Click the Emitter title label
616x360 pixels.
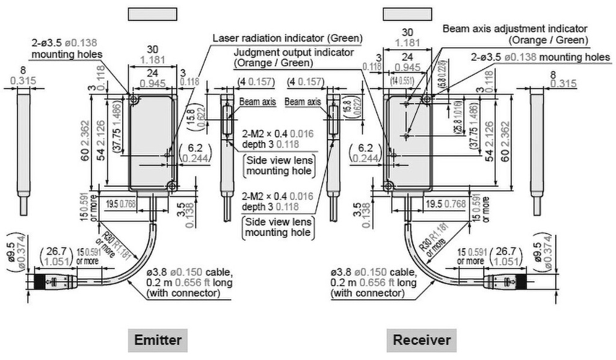click(158, 340)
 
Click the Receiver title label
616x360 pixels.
click(422, 340)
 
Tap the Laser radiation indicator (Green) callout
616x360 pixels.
click(288, 38)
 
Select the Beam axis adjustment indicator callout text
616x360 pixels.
click(515, 28)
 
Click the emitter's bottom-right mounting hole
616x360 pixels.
click(173, 188)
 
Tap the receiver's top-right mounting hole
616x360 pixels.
click(427, 98)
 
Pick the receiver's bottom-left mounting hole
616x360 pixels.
click(388, 188)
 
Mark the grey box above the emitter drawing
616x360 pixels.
click(153, 15)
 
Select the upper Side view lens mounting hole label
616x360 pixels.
click(278, 166)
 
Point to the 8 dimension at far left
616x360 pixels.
click(22, 76)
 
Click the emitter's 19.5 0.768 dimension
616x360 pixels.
click(120, 203)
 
